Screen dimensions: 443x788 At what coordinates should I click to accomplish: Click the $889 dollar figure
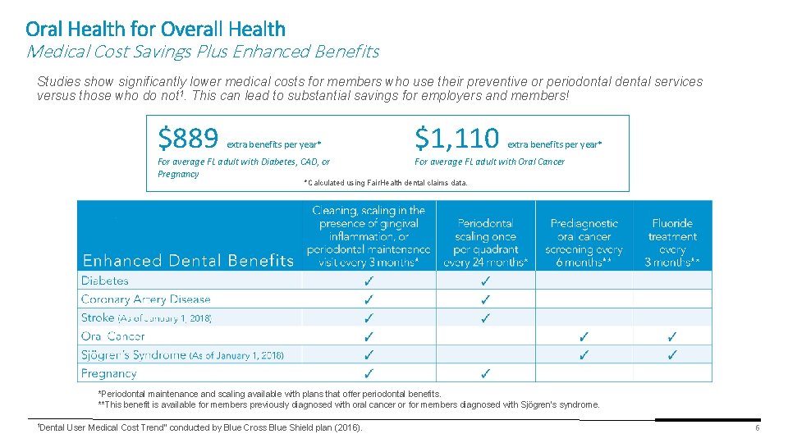coord(188,139)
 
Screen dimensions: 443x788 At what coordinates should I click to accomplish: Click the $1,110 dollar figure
coord(456,139)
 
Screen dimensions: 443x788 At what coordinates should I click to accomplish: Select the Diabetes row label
coord(105,281)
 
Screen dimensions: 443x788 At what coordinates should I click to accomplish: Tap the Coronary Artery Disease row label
coord(146,299)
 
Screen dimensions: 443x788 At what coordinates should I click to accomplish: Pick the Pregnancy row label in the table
coord(108,373)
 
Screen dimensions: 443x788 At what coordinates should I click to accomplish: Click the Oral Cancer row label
coord(113,336)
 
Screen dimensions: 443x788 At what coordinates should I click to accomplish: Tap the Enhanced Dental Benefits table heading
coord(188,261)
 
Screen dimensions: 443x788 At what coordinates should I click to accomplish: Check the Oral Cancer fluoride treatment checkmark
coord(672,336)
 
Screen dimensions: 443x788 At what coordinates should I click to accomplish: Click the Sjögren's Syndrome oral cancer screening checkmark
coord(584,355)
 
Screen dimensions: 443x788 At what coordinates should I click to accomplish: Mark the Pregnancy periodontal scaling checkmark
coord(485,374)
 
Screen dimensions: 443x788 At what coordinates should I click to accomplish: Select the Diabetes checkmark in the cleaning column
coord(369,281)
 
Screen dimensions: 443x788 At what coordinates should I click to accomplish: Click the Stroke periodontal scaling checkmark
coord(485,318)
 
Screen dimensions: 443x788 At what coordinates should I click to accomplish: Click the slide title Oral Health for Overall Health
coord(156,30)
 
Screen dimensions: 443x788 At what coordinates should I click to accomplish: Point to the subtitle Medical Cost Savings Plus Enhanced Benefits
coord(203,52)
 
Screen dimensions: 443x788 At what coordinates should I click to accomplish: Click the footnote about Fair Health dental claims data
coord(385,183)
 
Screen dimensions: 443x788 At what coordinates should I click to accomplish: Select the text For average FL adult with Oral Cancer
coord(489,162)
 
